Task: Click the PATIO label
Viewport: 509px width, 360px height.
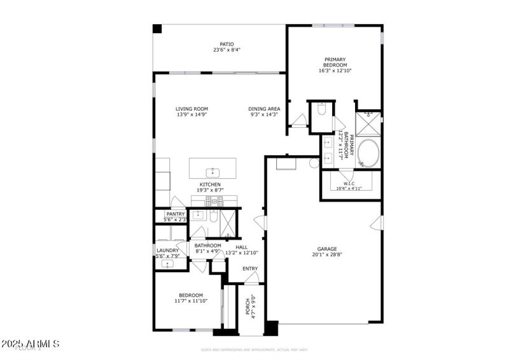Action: [218, 44]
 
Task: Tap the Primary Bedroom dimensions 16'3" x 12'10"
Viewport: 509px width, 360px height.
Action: [335, 71]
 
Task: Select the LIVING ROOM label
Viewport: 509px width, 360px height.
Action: [192, 109]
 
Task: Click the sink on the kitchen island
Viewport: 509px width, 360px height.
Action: [213, 172]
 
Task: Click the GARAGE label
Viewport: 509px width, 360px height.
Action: [327, 249]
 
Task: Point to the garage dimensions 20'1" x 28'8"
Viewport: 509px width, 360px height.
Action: [327, 254]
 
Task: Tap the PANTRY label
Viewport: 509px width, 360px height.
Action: [175, 214]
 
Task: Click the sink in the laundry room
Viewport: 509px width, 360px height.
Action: [169, 263]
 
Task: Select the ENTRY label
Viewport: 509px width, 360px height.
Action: [250, 268]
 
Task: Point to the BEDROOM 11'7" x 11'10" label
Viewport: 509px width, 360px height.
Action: [190, 295]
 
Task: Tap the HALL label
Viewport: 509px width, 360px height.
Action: [241, 247]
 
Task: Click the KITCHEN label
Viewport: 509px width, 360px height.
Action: [211, 184]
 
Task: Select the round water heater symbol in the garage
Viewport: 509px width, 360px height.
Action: [314, 163]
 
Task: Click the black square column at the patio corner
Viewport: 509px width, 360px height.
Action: [157, 29]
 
